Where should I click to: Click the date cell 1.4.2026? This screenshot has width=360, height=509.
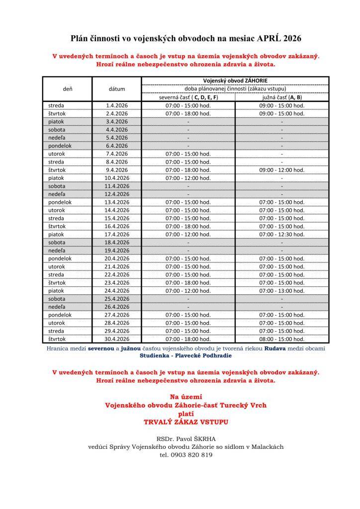117,105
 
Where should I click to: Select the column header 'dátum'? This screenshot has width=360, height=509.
117,89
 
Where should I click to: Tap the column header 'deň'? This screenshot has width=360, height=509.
68,89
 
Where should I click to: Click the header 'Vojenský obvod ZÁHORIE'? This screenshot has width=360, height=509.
235,81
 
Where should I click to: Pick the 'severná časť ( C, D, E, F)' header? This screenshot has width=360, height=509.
188,97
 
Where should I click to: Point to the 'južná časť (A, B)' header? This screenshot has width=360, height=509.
281,97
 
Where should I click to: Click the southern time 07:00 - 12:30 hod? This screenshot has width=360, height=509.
281,234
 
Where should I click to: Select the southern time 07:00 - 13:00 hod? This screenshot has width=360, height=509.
281,290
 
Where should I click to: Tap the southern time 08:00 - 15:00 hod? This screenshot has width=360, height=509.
281,339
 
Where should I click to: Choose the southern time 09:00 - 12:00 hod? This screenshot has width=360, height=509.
281,170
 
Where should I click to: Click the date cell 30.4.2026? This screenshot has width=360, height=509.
117,339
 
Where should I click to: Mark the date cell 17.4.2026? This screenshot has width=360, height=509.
117,234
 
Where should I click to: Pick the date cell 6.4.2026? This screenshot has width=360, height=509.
117,146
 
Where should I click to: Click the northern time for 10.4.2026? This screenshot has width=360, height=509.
188,177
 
